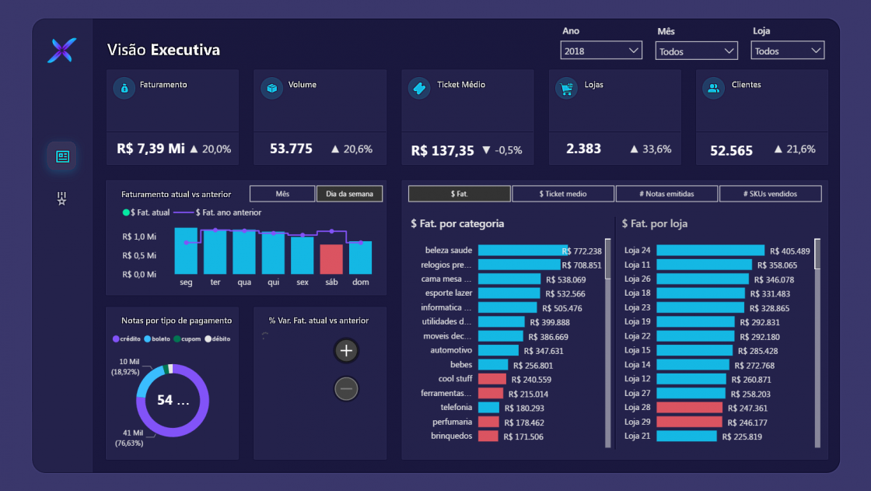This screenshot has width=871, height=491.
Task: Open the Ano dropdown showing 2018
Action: [600, 51]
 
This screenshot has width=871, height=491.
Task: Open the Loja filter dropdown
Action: [787, 51]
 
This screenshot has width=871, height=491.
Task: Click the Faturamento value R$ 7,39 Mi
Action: [151, 148]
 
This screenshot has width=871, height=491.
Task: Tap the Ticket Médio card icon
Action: [419, 88]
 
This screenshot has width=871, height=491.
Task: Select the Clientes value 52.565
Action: [731, 150]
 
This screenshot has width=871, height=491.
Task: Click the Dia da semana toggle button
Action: [349, 194]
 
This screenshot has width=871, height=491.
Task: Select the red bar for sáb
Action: [331, 259]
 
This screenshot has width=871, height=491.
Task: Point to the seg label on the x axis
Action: [186, 282]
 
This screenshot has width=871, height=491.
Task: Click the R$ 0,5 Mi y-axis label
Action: [139, 255]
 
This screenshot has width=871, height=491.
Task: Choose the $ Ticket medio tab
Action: [563, 194]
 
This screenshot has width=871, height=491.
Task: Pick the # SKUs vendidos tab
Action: [770, 194]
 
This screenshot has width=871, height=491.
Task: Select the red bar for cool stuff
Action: [491, 379]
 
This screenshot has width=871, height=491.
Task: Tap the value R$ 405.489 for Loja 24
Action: [789, 251]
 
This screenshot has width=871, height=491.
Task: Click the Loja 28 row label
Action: [637, 408]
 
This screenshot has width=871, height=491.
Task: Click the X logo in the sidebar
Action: [61, 51]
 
